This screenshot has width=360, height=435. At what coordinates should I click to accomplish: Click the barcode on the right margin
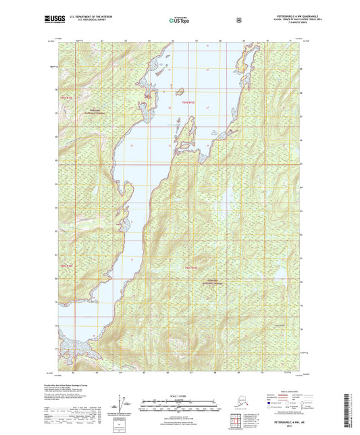click(348, 409)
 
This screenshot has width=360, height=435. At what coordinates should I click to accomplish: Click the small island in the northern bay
click(180, 91)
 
